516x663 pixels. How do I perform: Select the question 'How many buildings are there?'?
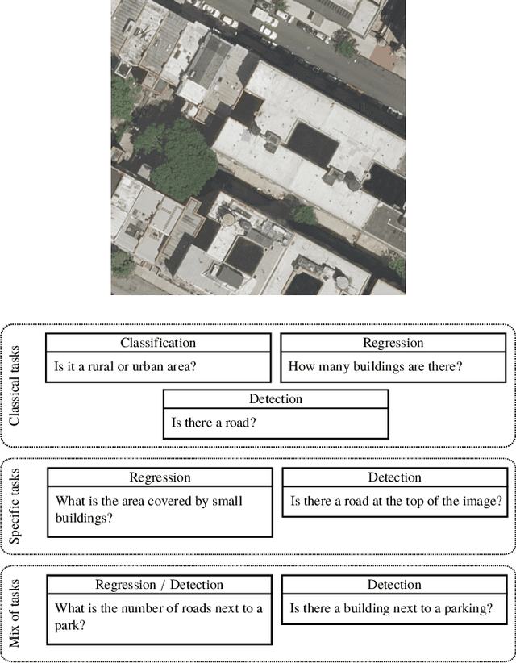[376, 366]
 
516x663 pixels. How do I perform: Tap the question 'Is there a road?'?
[214, 422]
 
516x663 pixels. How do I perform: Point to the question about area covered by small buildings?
[148, 509]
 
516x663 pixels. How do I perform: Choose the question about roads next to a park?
[158, 616]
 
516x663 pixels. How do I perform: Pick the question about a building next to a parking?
[390, 608]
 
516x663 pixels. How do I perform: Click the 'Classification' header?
[158, 343]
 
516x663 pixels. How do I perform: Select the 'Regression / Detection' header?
[158, 585]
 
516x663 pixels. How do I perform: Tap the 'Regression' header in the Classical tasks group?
[393, 343]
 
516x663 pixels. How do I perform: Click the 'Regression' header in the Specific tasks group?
[160, 477]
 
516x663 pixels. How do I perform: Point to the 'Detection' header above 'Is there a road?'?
[276, 398]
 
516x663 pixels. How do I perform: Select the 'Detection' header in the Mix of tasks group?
[395, 585]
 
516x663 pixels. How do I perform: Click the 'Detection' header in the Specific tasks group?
[395, 477]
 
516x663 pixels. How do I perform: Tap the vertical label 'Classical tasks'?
[14, 386]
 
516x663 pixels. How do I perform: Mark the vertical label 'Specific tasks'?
[14, 506]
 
